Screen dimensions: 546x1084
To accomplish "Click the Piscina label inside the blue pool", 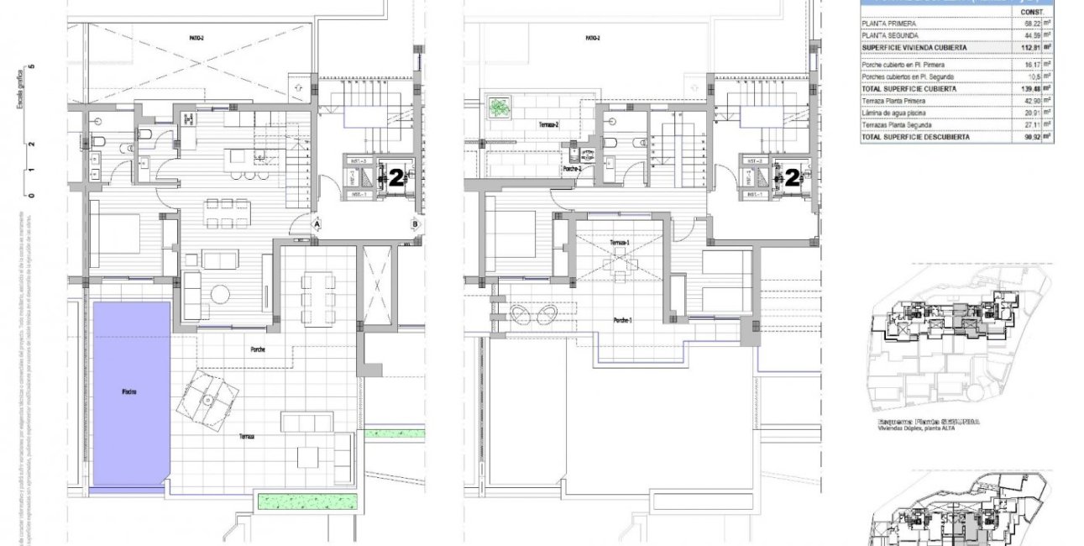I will click(x=129, y=391).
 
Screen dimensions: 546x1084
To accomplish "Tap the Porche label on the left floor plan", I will click(x=258, y=349).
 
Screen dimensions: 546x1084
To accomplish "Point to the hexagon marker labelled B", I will click(x=415, y=224).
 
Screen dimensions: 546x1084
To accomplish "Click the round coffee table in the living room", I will click(x=221, y=293).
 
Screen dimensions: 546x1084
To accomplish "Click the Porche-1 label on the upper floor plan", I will click(x=621, y=320).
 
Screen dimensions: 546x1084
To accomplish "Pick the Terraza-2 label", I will click(x=549, y=124).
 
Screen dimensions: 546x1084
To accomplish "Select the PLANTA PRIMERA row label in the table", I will click(x=884, y=24).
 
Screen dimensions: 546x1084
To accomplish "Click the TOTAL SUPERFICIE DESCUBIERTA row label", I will click(x=915, y=137).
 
